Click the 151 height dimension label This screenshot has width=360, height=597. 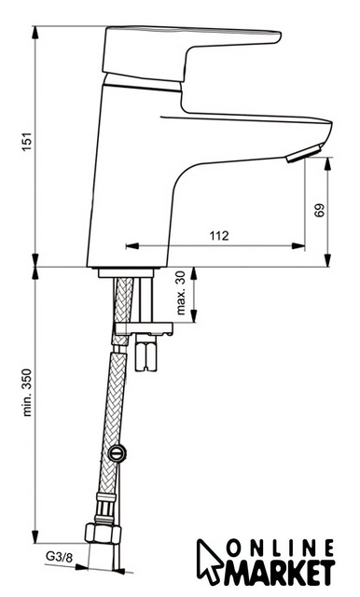tap(27, 142)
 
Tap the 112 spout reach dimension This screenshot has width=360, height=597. tap(219, 236)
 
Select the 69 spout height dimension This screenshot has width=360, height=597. tap(320, 210)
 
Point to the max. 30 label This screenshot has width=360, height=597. tap(181, 293)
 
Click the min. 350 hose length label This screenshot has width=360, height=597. tap(27, 392)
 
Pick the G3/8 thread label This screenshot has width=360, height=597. tap(59, 558)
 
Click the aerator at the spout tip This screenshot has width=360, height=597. tap(304, 154)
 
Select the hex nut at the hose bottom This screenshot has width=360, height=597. tap(103, 533)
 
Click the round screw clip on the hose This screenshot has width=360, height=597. tap(117, 452)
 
